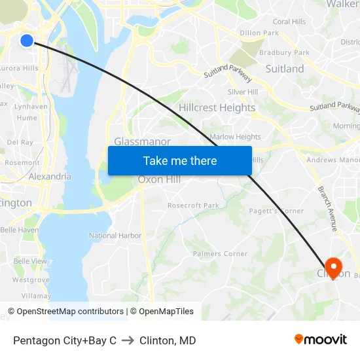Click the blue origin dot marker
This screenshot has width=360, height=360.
27,41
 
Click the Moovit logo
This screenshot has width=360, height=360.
321,340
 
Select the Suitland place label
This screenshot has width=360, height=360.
285,69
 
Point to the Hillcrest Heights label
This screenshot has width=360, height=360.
217,108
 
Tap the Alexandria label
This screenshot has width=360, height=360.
50,177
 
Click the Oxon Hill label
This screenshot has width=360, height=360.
159,180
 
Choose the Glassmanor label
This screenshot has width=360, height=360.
142,141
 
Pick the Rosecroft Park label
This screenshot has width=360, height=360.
193,206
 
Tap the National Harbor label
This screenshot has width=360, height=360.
115,236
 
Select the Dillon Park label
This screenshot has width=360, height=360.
259,33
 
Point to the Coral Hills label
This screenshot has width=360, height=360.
290,22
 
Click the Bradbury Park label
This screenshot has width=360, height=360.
284,52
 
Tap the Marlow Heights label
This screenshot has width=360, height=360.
235,137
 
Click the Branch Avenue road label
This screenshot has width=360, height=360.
327,208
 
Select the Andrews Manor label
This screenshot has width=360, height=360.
333,160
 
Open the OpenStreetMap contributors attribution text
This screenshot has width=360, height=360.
70,312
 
